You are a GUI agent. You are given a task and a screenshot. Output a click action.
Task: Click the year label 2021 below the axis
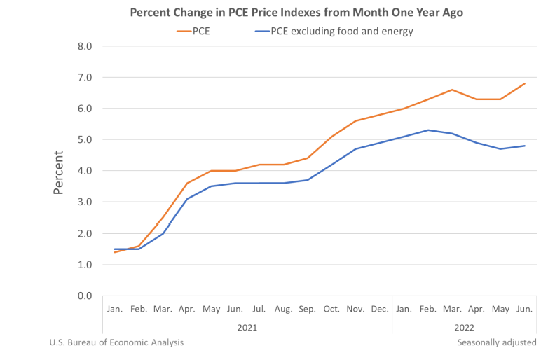click(246, 327)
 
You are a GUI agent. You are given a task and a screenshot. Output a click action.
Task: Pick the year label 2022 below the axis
click(465, 327)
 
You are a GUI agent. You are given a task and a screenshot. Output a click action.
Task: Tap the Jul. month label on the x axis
click(259, 309)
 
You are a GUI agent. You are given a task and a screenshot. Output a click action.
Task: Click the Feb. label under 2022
click(428, 309)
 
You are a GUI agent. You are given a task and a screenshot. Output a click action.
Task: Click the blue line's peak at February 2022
click(428, 130)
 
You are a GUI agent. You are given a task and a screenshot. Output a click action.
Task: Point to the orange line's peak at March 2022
click(452, 90)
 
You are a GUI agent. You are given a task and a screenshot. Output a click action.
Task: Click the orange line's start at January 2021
click(114, 252)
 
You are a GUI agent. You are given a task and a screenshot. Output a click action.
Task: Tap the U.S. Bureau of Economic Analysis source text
click(116, 342)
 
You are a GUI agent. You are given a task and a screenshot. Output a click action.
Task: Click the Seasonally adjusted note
click(496, 342)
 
